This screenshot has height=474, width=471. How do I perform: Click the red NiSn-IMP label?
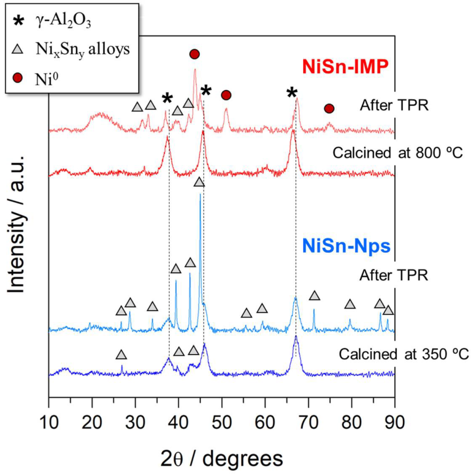pyautogui.click(x=345, y=67)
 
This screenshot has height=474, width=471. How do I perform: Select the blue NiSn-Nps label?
pyautogui.click(x=346, y=246)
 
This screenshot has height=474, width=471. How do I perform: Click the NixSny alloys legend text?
pyautogui.click(x=82, y=49)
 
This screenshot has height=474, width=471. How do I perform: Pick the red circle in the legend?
pyautogui.click(x=17, y=78)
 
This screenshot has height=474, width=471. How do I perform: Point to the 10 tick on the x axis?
pyautogui.click(x=49, y=422)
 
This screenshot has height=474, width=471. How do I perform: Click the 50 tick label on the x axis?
pyautogui.click(x=222, y=422)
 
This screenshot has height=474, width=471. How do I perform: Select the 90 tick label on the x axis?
pyautogui.click(x=394, y=422)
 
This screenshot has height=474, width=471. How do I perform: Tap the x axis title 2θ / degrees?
pyautogui.click(x=221, y=458)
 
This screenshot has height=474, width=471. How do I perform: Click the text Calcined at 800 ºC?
pyautogui.click(x=397, y=153)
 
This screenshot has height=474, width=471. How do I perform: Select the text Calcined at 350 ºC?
pyautogui.click(x=403, y=354)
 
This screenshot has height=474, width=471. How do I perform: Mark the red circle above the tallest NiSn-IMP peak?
pyautogui.click(x=194, y=54)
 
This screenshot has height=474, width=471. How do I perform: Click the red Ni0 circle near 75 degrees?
pyautogui.click(x=329, y=108)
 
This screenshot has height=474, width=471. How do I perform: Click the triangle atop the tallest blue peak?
pyautogui.click(x=199, y=182)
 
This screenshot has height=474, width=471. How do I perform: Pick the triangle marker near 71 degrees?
pyautogui.click(x=315, y=296)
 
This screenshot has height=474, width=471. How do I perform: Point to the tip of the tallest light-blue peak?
pyautogui.click(x=200, y=194)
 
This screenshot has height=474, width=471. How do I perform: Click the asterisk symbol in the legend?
pyautogui.click(x=18, y=21)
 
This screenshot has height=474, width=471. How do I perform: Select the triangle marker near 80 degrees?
pyautogui.click(x=350, y=304)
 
